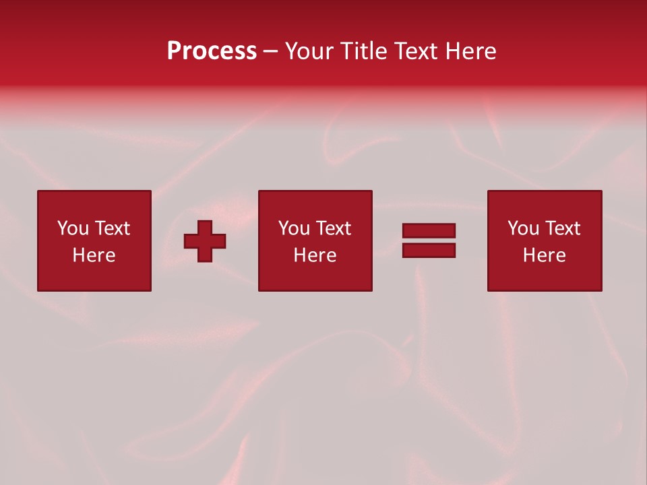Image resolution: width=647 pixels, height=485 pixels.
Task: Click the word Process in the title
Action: click(x=212, y=51)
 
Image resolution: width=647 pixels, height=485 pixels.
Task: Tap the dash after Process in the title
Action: click(x=271, y=52)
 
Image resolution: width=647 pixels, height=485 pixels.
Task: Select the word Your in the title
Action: click(x=309, y=51)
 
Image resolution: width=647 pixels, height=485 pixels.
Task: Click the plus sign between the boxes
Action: click(x=205, y=241)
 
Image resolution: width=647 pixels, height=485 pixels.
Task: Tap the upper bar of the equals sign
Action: click(x=429, y=231)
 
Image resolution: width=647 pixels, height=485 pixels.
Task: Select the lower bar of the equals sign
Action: click(x=429, y=250)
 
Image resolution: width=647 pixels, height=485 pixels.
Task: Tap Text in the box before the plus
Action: click(x=111, y=228)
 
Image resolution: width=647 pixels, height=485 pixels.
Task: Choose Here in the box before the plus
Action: click(x=94, y=255)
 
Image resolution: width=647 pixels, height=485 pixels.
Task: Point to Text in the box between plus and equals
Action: click(x=332, y=228)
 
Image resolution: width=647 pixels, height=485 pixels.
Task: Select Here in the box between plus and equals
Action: click(x=315, y=255)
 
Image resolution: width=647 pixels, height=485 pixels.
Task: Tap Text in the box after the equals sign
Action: click(x=561, y=228)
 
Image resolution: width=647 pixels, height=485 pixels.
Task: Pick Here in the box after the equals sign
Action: click(x=544, y=255)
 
